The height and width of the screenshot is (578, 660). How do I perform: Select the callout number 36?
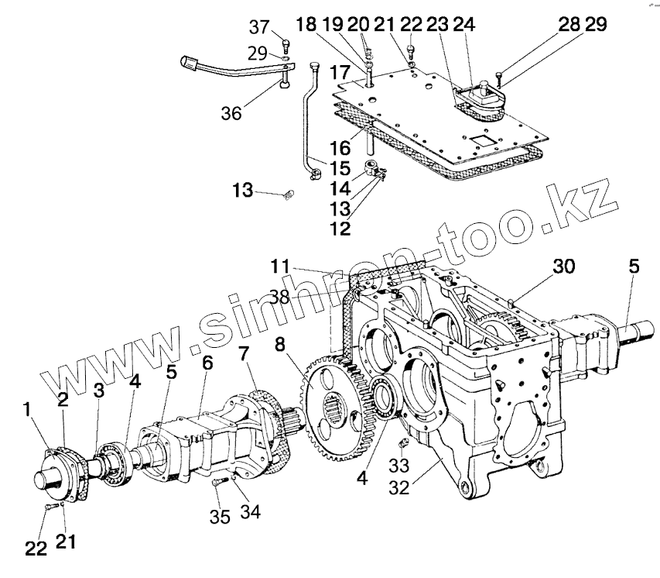(x=230, y=112)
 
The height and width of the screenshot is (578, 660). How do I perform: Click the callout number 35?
(x=221, y=517)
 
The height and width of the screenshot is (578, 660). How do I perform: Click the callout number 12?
(x=340, y=229)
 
